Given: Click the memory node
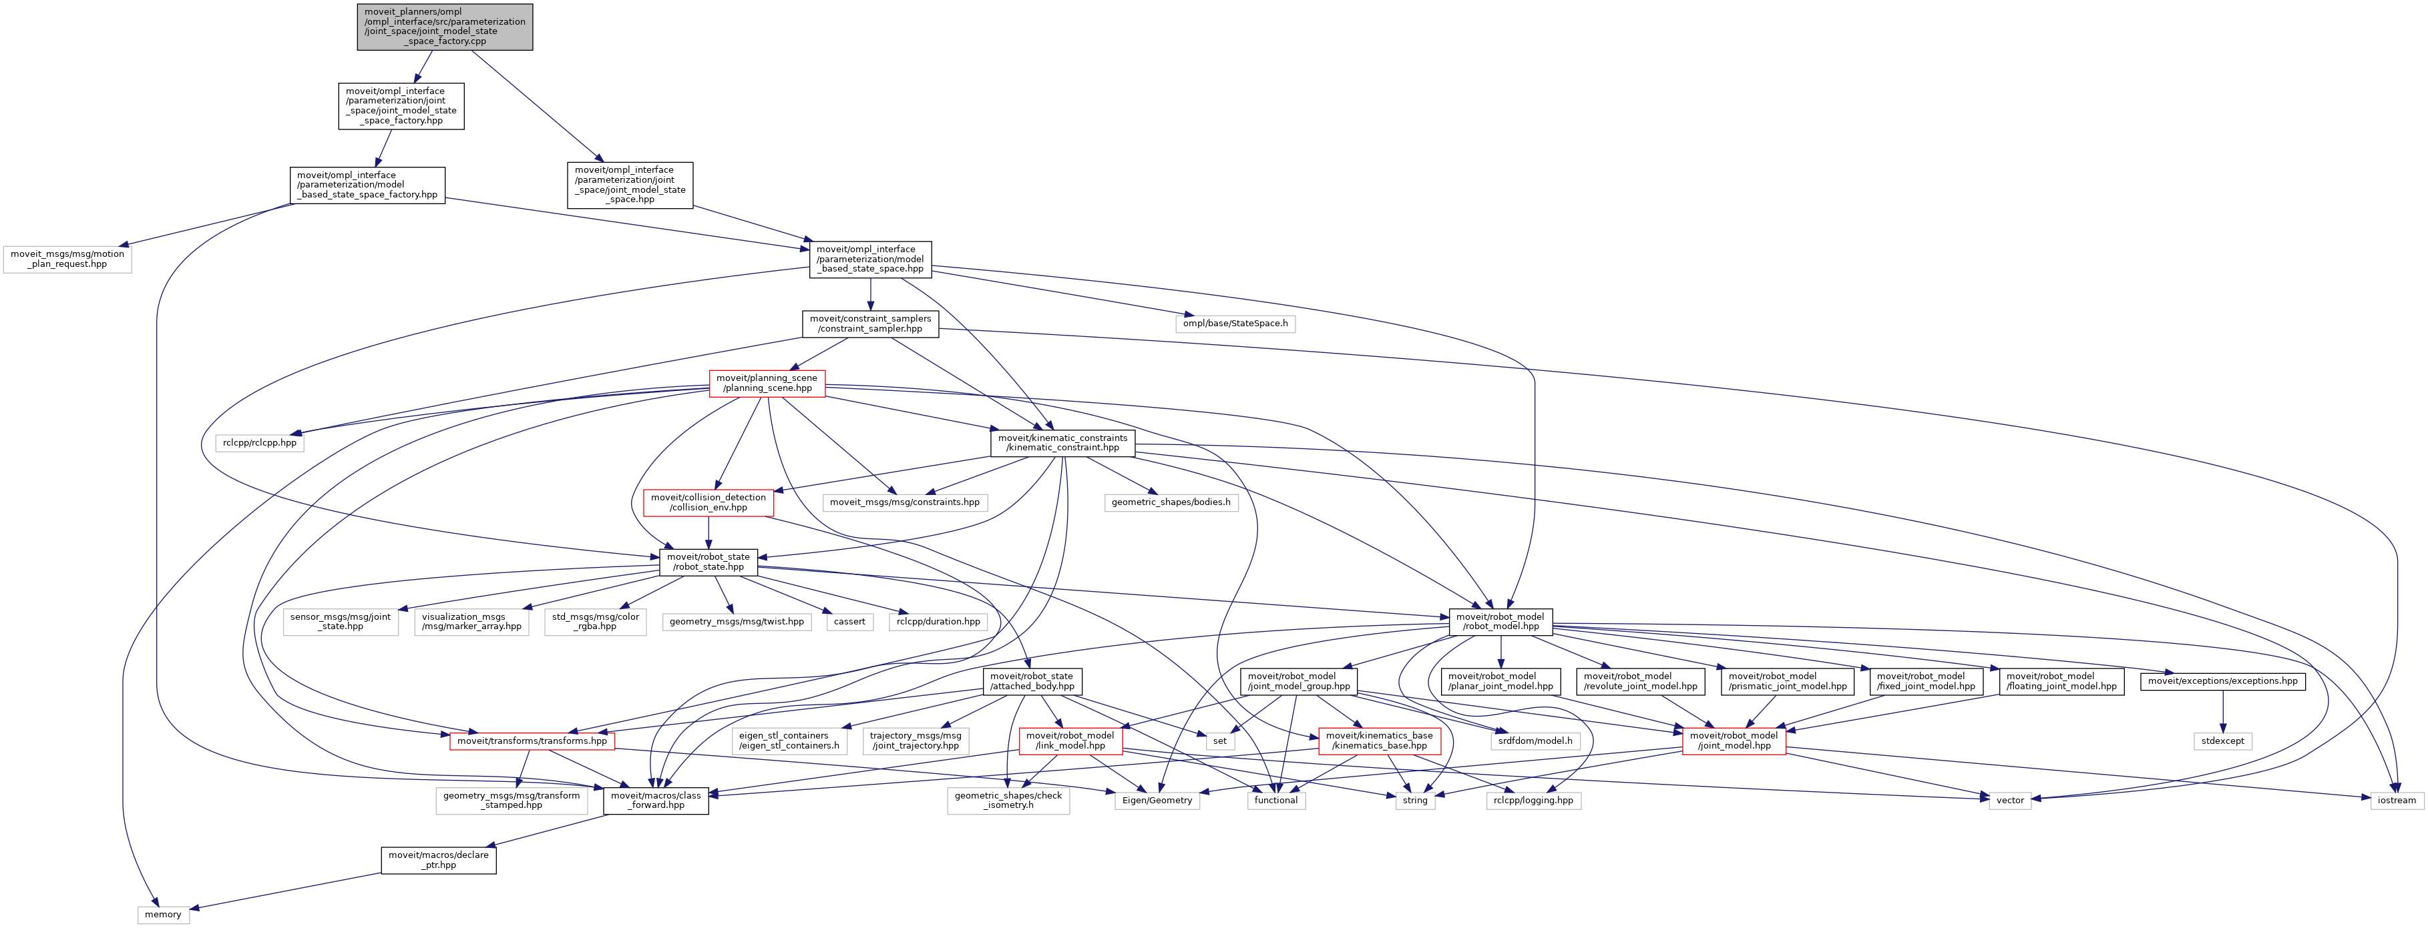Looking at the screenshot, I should (x=163, y=914).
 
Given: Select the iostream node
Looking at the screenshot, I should (x=2396, y=800).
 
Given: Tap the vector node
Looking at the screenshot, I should (x=2009, y=800).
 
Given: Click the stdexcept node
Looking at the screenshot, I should (x=2222, y=741).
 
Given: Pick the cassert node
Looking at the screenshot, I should (x=849, y=622).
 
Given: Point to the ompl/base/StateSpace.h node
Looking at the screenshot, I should (x=1235, y=323).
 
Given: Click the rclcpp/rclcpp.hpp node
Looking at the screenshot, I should (x=259, y=443).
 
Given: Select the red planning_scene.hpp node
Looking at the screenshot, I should (x=767, y=382).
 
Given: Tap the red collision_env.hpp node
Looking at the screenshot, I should (x=708, y=502).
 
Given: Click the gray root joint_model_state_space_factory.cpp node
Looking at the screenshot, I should (x=445, y=27).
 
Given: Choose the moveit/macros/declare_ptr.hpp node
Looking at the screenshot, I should (x=438, y=860).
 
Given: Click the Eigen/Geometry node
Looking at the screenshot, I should (x=1157, y=800).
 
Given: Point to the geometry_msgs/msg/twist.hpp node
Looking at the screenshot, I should (x=736, y=622).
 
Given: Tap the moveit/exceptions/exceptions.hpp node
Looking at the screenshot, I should (x=2222, y=680).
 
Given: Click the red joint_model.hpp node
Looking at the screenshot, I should (x=1734, y=741).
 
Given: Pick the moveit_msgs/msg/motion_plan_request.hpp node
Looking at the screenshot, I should (x=67, y=259).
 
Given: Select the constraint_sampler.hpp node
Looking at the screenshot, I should (x=870, y=323).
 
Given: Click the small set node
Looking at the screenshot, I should (x=1219, y=741).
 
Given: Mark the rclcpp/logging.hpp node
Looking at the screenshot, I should (x=1533, y=800).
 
